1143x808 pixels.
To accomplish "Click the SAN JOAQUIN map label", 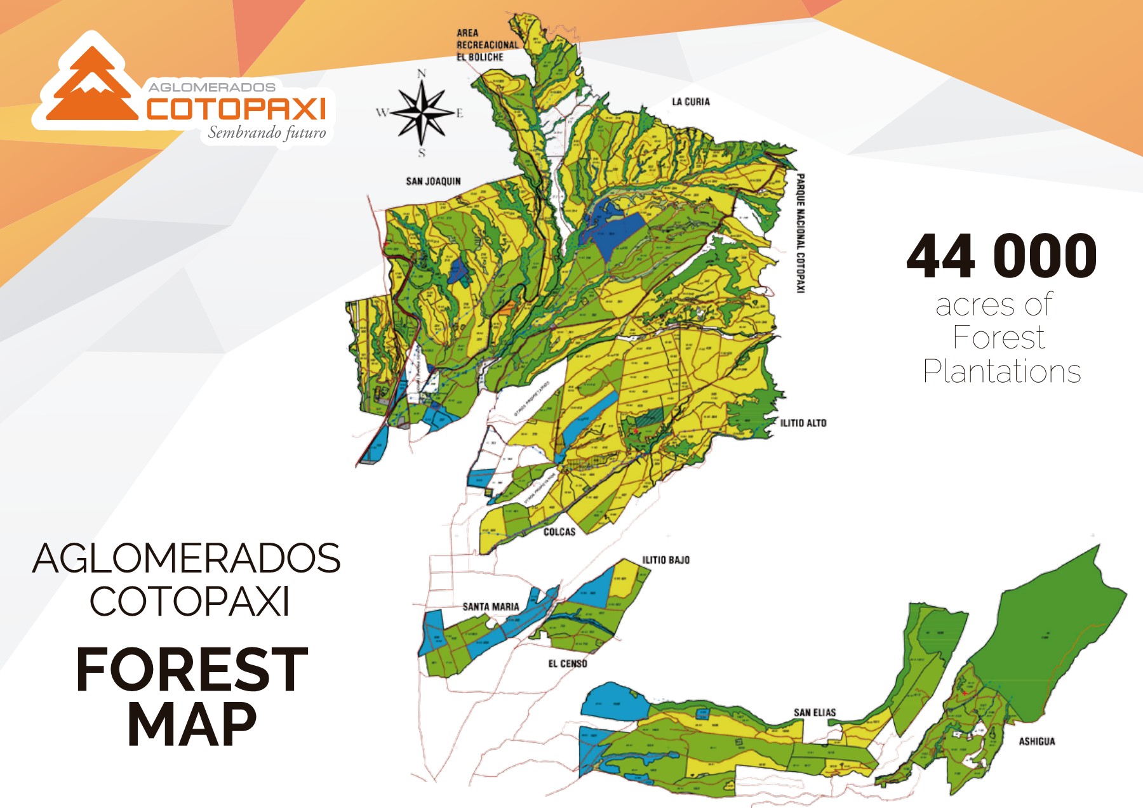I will coord(433,182).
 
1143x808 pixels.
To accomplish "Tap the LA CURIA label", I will coord(691,102).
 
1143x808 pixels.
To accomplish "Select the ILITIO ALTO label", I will coord(803,423).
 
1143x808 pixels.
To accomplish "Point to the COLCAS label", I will coord(559,532).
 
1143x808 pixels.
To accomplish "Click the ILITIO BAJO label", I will coord(665,560).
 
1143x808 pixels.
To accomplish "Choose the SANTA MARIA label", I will coord(491,607).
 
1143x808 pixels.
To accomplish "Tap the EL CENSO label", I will coord(568,664).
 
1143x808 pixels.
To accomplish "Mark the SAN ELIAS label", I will coord(815,713).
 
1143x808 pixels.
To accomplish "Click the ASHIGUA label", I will coord(1037,741).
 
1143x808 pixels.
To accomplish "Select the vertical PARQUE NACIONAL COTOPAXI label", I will coord(801,233).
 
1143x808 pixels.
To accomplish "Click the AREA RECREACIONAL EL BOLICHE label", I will coord(487,45).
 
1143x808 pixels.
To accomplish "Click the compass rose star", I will coord(422,113).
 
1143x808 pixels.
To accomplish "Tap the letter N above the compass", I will coord(422,74).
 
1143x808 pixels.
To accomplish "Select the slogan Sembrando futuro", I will coord(267,133).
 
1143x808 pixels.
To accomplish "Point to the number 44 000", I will coord(1001,256).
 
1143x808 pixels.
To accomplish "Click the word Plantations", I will coord(1001,371).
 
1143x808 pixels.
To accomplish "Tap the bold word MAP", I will coord(192,724).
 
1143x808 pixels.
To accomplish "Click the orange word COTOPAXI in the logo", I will coord(236,109).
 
